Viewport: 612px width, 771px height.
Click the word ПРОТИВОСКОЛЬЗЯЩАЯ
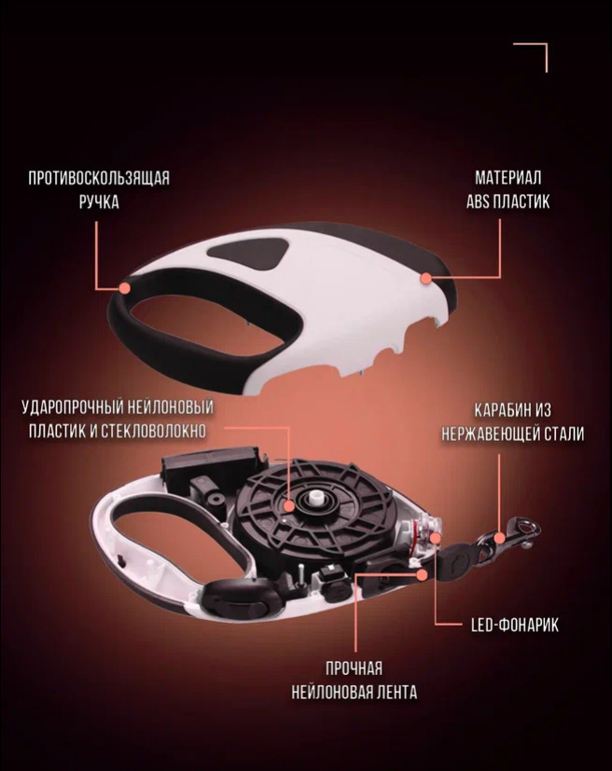click(x=98, y=178)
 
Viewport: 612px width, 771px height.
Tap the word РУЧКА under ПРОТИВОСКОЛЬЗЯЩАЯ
click(x=99, y=202)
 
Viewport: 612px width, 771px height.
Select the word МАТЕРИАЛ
click(x=508, y=177)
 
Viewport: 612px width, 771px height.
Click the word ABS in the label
click(x=479, y=201)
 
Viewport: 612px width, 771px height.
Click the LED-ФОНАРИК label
click(x=515, y=625)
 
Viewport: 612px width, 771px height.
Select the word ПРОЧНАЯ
click(x=354, y=668)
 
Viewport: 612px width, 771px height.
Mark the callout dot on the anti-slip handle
click(x=125, y=288)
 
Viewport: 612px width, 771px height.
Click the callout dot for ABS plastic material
click(x=426, y=279)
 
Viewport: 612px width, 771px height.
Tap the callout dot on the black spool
click(x=289, y=505)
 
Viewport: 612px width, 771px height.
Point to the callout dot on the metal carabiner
click(x=499, y=538)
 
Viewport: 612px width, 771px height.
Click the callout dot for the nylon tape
click(x=422, y=574)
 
